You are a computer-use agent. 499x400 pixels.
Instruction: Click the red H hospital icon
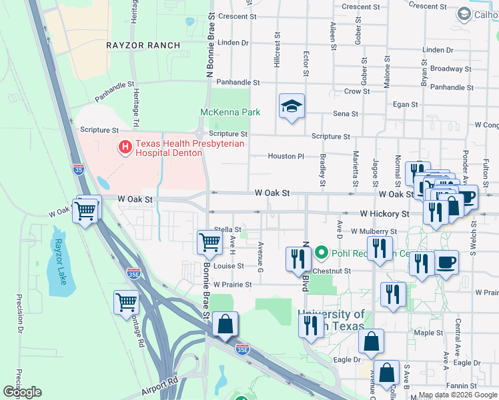[124, 147]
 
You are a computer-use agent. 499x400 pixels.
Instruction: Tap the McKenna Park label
[231, 112]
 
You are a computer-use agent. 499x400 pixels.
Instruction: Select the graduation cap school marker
[292, 107]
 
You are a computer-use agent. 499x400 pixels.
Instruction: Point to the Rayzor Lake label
[61, 262]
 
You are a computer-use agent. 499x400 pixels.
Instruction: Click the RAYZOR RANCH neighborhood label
[143, 45]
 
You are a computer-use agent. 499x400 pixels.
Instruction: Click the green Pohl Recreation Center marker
[321, 252]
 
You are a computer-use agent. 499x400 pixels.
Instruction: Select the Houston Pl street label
[286, 156]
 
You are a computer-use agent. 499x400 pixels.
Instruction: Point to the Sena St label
[346, 114]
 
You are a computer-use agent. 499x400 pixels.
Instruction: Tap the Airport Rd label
[160, 385]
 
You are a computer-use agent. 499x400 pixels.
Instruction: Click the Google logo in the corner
[22, 392]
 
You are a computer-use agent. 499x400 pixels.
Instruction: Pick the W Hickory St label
[384, 214]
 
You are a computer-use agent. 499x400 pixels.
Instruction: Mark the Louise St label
[229, 265]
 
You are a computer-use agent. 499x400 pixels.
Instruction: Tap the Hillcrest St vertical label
[277, 52]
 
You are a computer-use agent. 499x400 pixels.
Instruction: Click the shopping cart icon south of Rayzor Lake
[125, 302]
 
